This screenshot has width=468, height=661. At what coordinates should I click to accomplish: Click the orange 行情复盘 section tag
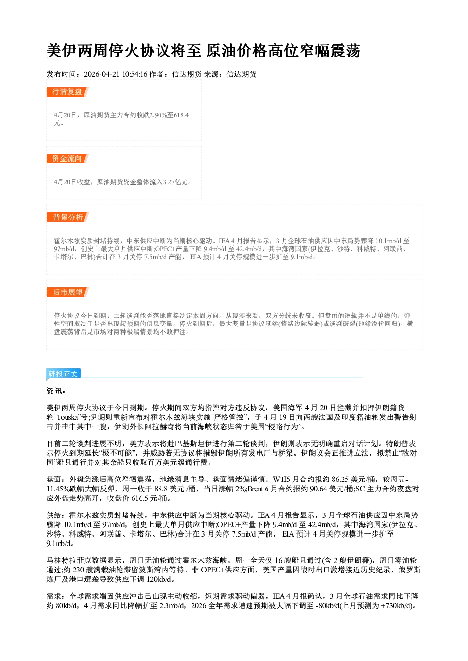point(67,91)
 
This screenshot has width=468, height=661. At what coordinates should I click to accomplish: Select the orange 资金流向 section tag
point(67,158)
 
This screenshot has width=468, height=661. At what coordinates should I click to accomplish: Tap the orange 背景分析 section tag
point(67,218)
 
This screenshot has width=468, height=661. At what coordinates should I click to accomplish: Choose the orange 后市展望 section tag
point(67,293)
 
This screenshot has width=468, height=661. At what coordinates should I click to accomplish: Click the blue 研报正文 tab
point(63,374)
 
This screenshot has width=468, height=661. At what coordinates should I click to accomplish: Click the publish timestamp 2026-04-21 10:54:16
point(116,74)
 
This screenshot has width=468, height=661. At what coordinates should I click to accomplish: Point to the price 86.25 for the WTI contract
point(340,479)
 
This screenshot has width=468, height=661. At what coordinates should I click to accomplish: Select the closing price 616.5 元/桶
point(151,498)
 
